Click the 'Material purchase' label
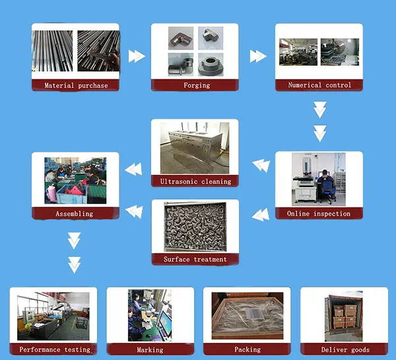pos(76,85)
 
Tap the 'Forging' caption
pos(196,85)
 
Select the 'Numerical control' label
pos(319,85)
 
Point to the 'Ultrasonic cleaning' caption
pos(195,181)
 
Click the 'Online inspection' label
pos(319,213)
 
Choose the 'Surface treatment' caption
pos(195,260)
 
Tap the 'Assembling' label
pos(75,213)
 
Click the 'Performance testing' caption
pos(53,349)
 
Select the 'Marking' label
pos(150,349)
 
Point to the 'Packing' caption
pos(247,349)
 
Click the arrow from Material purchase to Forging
pos(136,56)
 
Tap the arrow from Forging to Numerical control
pos(257,56)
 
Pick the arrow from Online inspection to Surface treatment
pos(261,213)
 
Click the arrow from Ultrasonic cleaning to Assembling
pos(134,170)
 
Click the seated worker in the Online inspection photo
pos(325,183)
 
